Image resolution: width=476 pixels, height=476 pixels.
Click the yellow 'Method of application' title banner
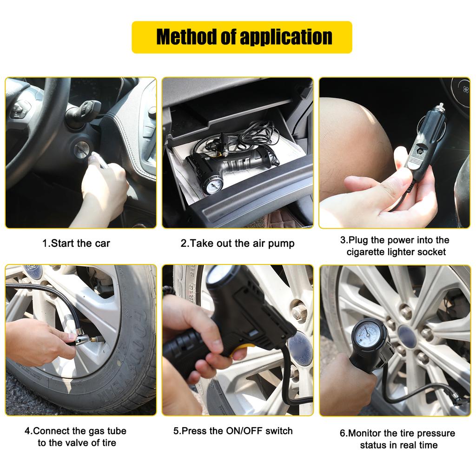tap(242, 37)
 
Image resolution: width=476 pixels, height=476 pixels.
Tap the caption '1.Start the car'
tap(76, 243)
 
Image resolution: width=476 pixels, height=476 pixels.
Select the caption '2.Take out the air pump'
tap(237, 243)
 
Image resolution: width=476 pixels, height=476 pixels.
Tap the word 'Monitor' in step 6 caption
tap(367, 433)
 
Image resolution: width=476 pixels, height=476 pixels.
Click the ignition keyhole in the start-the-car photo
tap(82, 150)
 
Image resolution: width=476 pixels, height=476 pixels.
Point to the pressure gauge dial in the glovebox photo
tap(213, 185)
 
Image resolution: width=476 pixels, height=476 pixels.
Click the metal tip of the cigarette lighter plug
tap(440, 108)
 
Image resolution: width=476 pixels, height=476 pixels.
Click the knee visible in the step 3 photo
tap(353, 139)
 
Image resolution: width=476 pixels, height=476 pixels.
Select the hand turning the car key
tap(105, 186)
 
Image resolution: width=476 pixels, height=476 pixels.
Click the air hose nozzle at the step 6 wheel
tap(460, 398)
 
